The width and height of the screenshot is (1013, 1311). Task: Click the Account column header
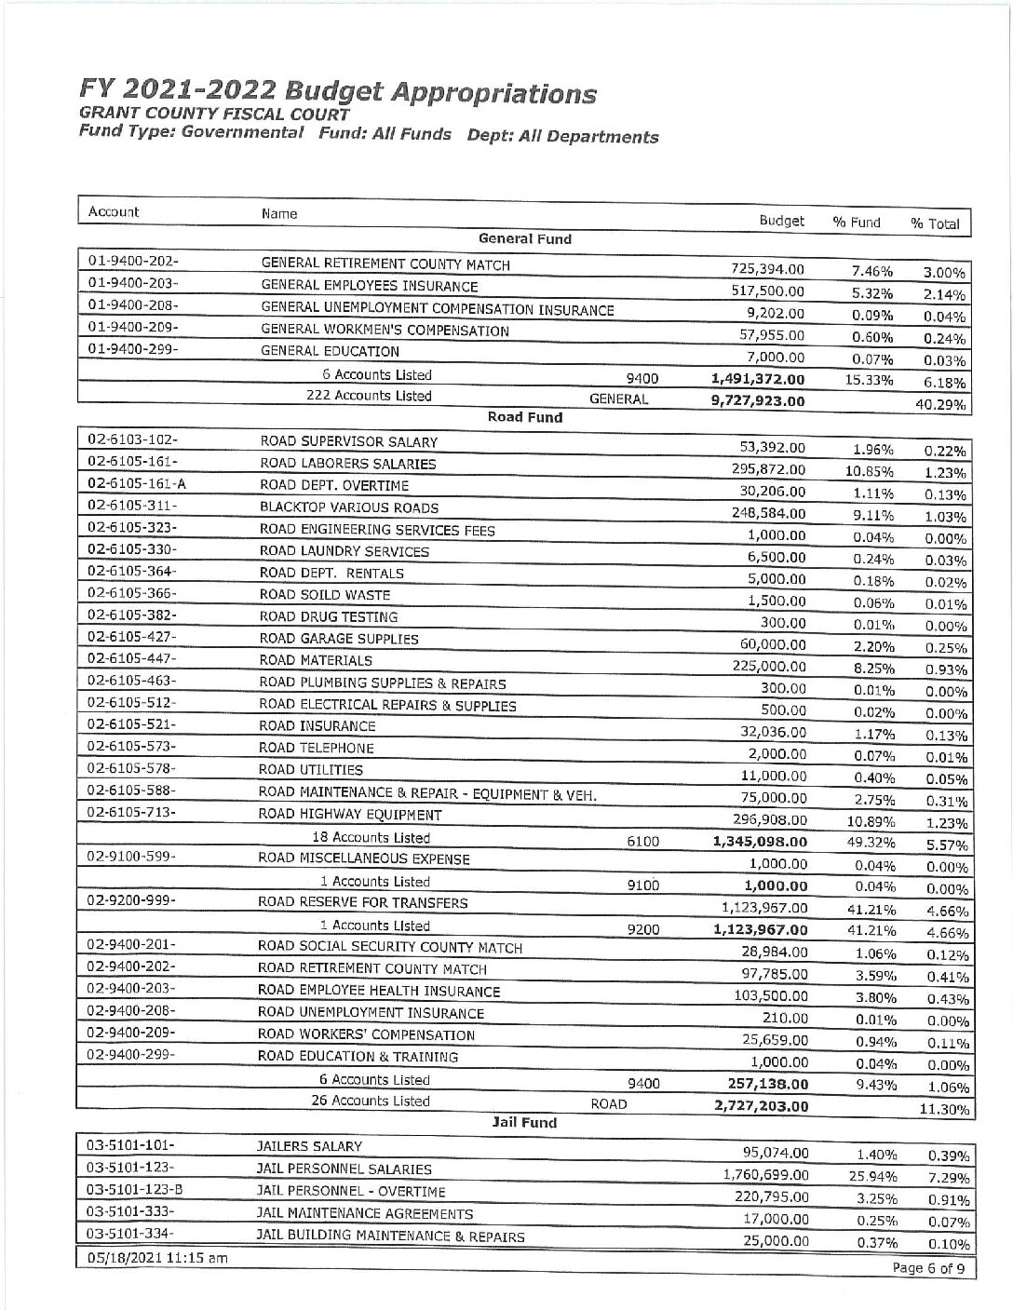pyautogui.click(x=114, y=211)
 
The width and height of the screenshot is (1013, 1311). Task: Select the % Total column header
pyautogui.click(x=935, y=223)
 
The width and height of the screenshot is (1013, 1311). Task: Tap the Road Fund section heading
pyautogui.click(x=525, y=417)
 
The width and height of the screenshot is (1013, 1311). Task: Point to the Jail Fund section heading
pyautogui.click(x=525, y=1122)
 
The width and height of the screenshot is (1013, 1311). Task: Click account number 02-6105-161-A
pyautogui.click(x=136, y=482)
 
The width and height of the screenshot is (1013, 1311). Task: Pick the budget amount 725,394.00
pyautogui.click(x=768, y=269)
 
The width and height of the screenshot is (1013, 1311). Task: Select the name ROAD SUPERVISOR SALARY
pyautogui.click(x=348, y=441)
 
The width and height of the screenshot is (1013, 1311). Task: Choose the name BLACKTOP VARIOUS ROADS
pyautogui.click(x=349, y=507)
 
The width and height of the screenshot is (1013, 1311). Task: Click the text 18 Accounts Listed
pyautogui.click(x=371, y=837)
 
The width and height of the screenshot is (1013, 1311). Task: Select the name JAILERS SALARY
pyautogui.click(x=309, y=1146)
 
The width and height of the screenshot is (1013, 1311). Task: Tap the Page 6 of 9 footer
pyautogui.click(x=928, y=1268)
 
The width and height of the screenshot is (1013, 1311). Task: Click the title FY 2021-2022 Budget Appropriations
pyautogui.click(x=338, y=92)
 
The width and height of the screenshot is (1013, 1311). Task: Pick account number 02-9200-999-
pyautogui.click(x=132, y=900)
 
